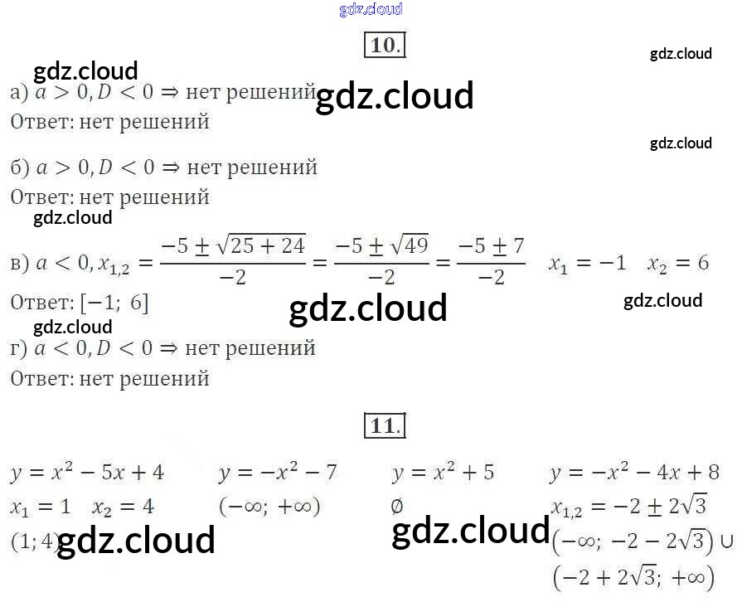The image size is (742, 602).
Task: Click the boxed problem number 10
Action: click(x=383, y=45)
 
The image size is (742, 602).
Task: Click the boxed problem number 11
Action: click(x=383, y=426)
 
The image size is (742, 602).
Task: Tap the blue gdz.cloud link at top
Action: click(x=371, y=9)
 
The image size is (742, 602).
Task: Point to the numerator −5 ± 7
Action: click(x=492, y=245)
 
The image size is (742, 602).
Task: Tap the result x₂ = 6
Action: click(x=678, y=264)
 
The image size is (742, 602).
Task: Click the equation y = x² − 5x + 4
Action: click(x=87, y=473)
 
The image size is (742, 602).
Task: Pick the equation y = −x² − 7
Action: click(x=278, y=473)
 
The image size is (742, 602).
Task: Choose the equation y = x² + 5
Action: click(x=443, y=473)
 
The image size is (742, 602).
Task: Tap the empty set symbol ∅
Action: click(x=397, y=505)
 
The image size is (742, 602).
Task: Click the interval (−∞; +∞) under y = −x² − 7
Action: click(x=270, y=506)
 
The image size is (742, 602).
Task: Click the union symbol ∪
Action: click(x=727, y=541)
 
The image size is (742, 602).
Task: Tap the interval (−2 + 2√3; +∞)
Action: click(x=633, y=576)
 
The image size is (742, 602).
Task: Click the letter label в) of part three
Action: click(x=20, y=264)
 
